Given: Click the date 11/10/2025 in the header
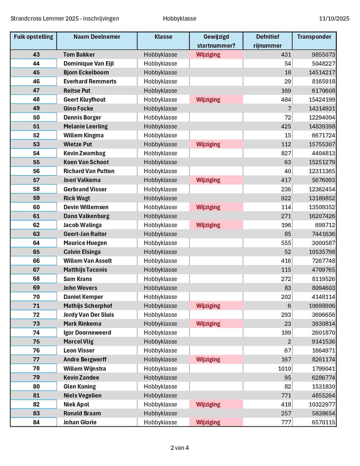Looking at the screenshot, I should (334, 19).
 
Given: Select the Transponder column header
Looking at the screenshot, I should (314, 37).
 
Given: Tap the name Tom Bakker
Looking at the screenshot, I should (79, 55).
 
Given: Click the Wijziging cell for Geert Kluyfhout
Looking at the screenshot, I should (208, 100).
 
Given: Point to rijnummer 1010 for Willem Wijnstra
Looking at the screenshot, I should (285, 369).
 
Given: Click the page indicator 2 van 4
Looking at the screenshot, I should (180, 448).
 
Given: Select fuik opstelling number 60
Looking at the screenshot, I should (36, 207).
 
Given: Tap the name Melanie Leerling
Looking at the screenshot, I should (85, 126).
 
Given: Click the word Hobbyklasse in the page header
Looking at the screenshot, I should (180, 19).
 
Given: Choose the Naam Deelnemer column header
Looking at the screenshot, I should (97, 37).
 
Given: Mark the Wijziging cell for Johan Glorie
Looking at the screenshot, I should (208, 422).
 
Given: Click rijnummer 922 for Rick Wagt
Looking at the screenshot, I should (286, 198).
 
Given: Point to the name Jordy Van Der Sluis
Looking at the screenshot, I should (89, 315).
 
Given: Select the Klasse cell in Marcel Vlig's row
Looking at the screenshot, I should (160, 342).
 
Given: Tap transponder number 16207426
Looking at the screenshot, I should (322, 216).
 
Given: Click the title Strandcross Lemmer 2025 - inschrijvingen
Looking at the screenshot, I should (65, 19).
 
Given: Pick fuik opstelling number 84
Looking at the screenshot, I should (36, 422).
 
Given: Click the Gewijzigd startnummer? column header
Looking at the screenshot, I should (216, 41).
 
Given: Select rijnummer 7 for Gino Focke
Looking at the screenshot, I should (290, 109).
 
